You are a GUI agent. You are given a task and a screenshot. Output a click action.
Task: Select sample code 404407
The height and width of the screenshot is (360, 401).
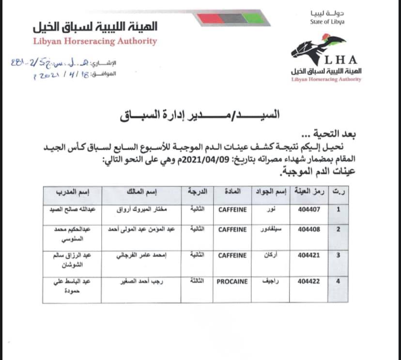(308, 210)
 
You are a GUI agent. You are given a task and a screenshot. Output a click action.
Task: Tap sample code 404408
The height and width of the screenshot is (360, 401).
(308, 230)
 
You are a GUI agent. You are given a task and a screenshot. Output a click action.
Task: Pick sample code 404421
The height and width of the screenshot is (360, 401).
(308, 255)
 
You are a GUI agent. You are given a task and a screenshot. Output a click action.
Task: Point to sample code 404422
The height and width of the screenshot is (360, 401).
(308, 281)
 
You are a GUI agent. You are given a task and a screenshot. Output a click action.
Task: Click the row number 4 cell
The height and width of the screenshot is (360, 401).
(338, 281)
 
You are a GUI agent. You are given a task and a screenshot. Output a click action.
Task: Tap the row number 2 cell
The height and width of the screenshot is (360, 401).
(338, 230)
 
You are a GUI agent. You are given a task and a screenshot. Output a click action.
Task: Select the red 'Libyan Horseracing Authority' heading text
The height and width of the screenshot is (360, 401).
(95, 41)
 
